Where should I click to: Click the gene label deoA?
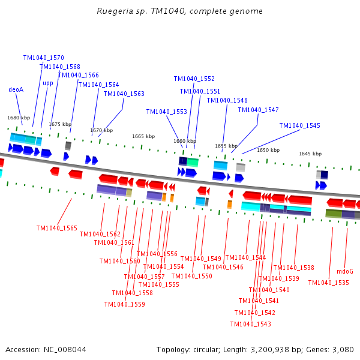16,89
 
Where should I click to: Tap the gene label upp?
48,83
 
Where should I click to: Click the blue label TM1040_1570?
44,58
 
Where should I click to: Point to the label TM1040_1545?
299,125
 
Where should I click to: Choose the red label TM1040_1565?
57,228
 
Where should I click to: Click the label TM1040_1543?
250,324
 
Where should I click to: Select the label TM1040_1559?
124,304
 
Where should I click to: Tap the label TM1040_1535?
328,283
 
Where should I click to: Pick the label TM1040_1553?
167,112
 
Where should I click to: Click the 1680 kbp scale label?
19,118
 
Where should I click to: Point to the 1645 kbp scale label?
310,154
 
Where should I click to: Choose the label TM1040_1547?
258,110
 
